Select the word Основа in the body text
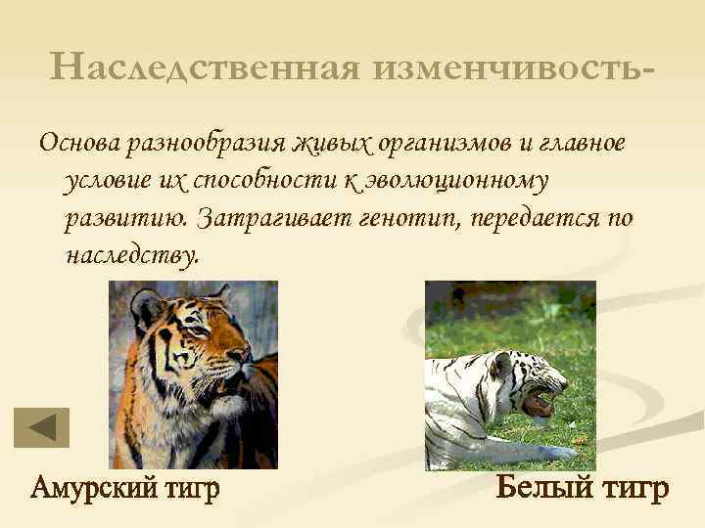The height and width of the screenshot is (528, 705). click(x=77, y=143)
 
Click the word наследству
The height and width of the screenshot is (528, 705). click(x=131, y=255)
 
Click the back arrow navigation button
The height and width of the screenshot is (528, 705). click(x=41, y=427)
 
